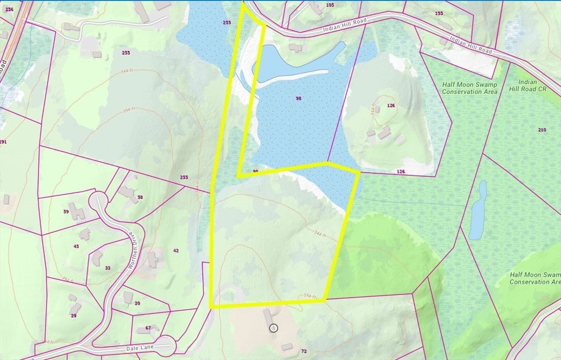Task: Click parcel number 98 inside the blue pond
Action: [x=299, y=99]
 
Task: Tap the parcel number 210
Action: [x=542, y=130]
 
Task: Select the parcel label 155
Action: [x=439, y=13]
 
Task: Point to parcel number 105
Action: [x=329, y=5]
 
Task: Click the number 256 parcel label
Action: [x=9, y=9]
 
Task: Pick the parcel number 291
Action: [x=3, y=142]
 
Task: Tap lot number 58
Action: [x=140, y=197]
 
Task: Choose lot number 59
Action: [x=66, y=212]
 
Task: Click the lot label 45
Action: [x=76, y=247]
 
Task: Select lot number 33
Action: [x=107, y=268]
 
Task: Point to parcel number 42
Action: [x=176, y=250]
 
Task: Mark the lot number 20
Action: [x=137, y=304]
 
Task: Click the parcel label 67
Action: [x=148, y=328]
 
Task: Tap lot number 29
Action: [x=73, y=316]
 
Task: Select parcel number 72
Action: [x=304, y=350]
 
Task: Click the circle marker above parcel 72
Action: [x=274, y=328]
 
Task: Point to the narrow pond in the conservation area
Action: [x=478, y=211]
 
